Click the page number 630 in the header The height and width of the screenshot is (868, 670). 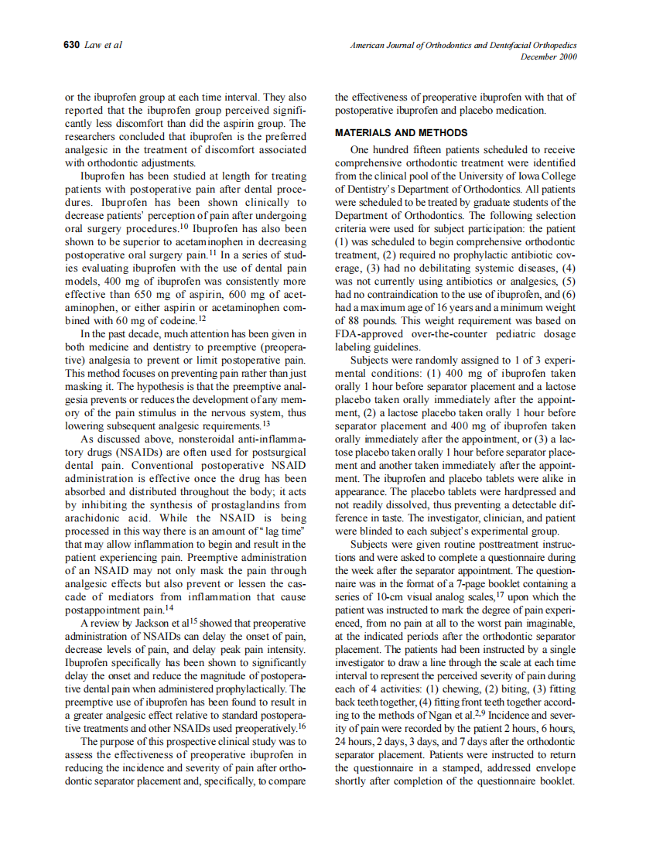[71, 46]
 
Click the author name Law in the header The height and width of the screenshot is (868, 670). [94, 46]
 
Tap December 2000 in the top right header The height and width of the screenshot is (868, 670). [549, 57]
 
